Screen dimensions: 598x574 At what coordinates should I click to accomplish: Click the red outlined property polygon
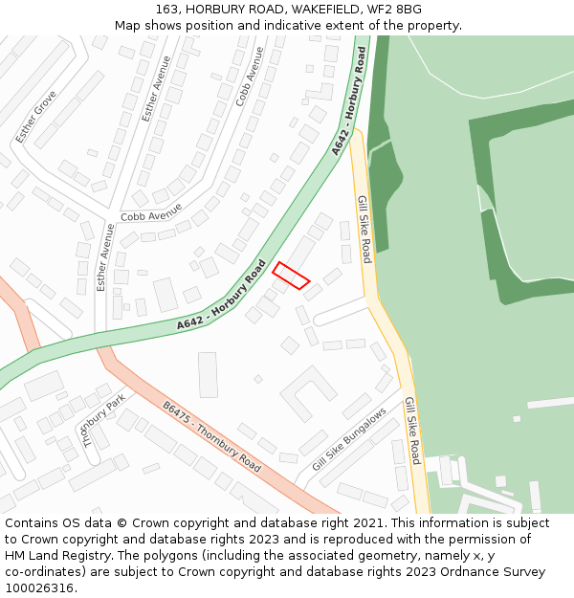(x=291, y=275)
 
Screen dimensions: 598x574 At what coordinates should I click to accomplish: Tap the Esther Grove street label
(x=36, y=117)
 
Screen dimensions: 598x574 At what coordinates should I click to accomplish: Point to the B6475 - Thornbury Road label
(x=210, y=435)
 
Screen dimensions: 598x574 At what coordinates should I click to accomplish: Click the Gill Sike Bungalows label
(x=349, y=439)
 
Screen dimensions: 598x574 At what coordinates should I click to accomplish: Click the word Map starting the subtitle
(x=127, y=26)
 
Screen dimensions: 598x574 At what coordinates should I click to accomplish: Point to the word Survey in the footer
(x=521, y=572)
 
